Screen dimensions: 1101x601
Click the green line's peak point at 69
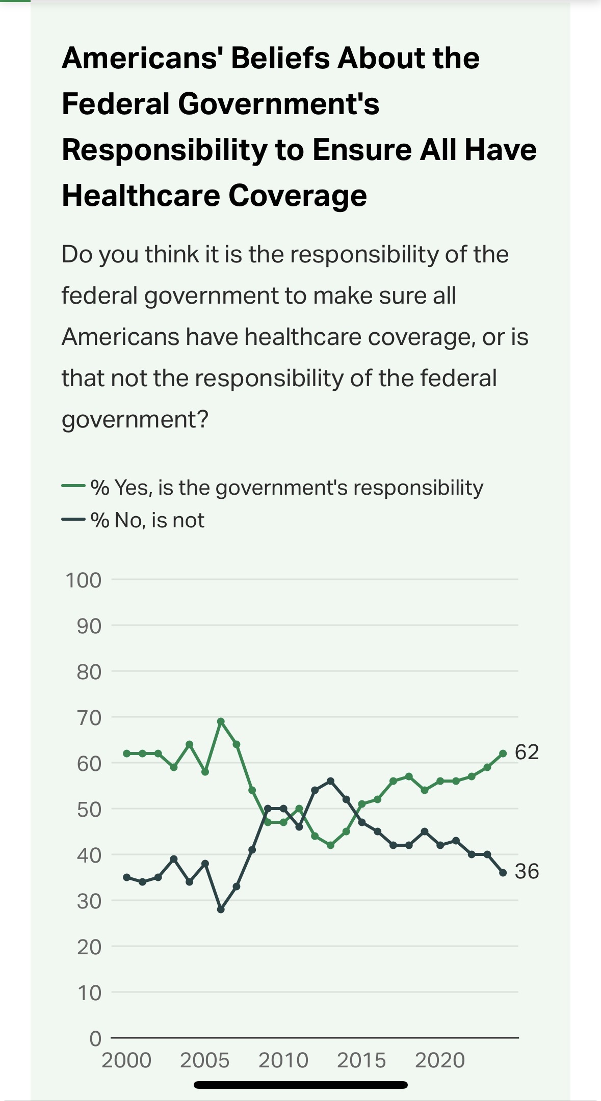(x=221, y=721)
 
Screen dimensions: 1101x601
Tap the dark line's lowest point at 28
(x=221, y=909)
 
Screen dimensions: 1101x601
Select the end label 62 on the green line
(x=527, y=752)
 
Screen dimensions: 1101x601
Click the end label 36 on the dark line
(x=527, y=871)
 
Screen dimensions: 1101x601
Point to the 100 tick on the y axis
(x=84, y=580)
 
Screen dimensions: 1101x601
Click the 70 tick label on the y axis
(x=89, y=717)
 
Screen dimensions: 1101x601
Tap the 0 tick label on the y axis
(x=95, y=1038)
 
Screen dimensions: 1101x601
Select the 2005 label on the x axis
(x=205, y=1060)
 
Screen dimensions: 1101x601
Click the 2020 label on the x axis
(x=440, y=1060)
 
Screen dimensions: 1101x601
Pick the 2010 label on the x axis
(x=283, y=1060)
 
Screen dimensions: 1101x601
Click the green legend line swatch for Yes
(x=73, y=487)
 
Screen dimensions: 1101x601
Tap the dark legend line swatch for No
(x=73, y=520)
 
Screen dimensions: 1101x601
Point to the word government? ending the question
(x=135, y=420)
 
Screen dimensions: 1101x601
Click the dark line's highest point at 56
(x=330, y=781)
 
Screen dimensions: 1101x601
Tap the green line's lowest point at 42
(x=330, y=845)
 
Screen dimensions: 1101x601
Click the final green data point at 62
(x=503, y=753)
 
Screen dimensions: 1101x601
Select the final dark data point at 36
(x=503, y=873)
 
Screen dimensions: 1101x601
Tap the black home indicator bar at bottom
(x=301, y=1085)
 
